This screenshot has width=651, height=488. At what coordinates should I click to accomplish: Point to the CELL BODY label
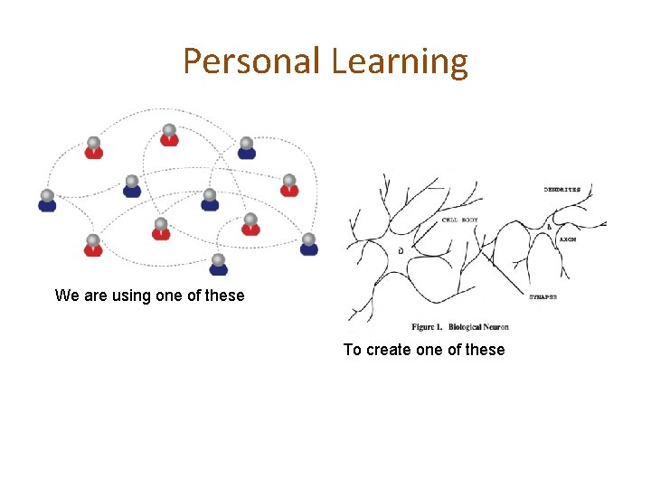tap(460, 220)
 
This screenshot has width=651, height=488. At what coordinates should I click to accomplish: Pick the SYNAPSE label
tap(550, 296)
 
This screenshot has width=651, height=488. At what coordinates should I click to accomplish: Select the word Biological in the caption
tap(464, 326)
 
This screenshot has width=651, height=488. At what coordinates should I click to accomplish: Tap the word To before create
tap(353, 350)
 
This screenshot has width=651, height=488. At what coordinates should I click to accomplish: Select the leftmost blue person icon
tap(47, 201)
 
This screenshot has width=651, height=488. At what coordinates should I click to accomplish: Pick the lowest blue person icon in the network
tap(218, 265)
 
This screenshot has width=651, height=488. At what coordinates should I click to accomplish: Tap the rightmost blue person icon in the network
tap(309, 245)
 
